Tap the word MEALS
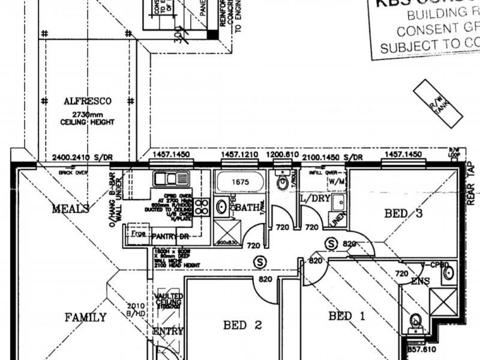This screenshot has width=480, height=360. click(x=70, y=209)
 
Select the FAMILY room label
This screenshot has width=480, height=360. click(x=86, y=317)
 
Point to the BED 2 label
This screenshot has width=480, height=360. click(x=242, y=325)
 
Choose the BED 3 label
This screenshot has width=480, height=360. click(x=403, y=214)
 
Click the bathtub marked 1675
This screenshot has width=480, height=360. click(x=239, y=181)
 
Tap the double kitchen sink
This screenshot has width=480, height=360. click(x=170, y=178)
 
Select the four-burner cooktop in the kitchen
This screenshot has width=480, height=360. click(x=202, y=207)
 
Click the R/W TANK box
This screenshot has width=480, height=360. click(x=438, y=103)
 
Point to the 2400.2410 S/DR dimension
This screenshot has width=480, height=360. click(x=82, y=157)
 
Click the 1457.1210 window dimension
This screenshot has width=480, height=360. click(x=239, y=155)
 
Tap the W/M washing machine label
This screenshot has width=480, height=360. click(x=336, y=181)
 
